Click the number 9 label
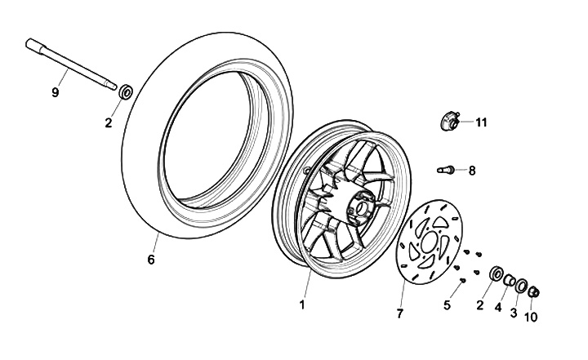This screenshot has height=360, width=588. coord(56,92)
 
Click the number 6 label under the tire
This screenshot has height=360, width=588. coord(150,260)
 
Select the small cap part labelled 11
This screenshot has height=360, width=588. coord(446,123)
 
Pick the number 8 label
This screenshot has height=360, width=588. coord(472,170)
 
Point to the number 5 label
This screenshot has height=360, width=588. coord(447,305)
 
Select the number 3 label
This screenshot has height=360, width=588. coord(514,312)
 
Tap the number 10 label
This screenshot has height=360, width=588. coord(532,317)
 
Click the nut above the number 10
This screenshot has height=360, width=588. coord(533,292)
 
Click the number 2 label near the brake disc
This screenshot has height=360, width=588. coord(481,305)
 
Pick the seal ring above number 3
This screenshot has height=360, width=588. coord(520,287)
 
